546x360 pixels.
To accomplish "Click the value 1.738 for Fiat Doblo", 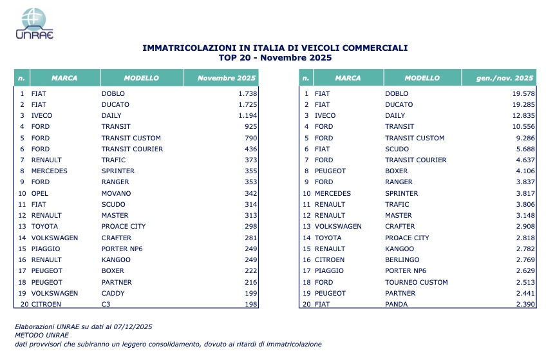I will click(247, 93).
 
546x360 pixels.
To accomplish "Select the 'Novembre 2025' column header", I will click(221, 78).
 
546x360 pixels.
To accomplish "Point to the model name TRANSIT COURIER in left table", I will click(132, 149).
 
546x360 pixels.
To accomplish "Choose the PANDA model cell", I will click(397, 305).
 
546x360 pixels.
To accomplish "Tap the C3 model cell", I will click(106, 305).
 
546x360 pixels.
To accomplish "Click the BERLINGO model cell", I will click(402, 260).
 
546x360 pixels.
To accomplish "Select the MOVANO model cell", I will click(116, 193).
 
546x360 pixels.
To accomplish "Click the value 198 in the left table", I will click(250, 305).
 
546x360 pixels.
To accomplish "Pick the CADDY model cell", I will click(113, 293).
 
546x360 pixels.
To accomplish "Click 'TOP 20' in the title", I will click(235, 57).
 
